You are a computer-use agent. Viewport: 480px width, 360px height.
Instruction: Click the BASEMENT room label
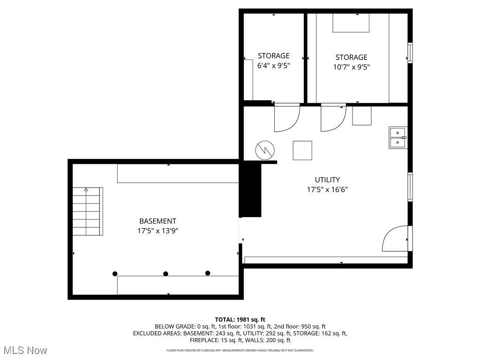click(x=157, y=221)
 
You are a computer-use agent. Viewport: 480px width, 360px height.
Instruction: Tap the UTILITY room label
click(x=327, y=180)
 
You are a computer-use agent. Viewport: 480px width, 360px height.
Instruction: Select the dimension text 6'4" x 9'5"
click(x=274, y=66)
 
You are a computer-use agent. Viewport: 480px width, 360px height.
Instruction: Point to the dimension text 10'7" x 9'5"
click(x=351, y=67)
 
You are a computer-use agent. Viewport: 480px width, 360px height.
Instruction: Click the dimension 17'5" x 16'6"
click(x=327, y=190)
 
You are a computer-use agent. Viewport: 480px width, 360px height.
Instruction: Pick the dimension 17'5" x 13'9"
click(x=158, y=231)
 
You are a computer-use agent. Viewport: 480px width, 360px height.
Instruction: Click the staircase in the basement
click(x=87, y=211)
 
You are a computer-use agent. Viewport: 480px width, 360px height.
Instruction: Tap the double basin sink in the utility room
click(x=397, y=137)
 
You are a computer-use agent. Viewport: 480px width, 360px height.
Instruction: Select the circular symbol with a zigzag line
click(x=264, y=150)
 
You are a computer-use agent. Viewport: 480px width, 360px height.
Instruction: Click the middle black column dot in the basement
click(x=165, y=274)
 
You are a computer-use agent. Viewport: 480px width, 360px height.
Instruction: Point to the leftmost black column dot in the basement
click(x=115, y=274)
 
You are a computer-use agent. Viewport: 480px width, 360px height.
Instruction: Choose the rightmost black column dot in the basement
click(x=208, y=273)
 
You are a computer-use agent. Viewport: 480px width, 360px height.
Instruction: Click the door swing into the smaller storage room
click(x=285, y=118)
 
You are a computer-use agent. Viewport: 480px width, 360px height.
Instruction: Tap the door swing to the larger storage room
click(x=332, y=119)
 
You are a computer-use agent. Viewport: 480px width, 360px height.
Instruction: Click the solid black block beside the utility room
click(x=250, y=190)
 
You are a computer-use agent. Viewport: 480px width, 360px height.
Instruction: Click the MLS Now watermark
click(x=25, y=350)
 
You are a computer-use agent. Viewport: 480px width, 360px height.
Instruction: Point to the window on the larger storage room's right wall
click(x=410, y=53)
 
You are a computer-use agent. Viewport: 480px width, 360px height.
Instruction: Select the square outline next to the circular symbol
click(x=302, y=150)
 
